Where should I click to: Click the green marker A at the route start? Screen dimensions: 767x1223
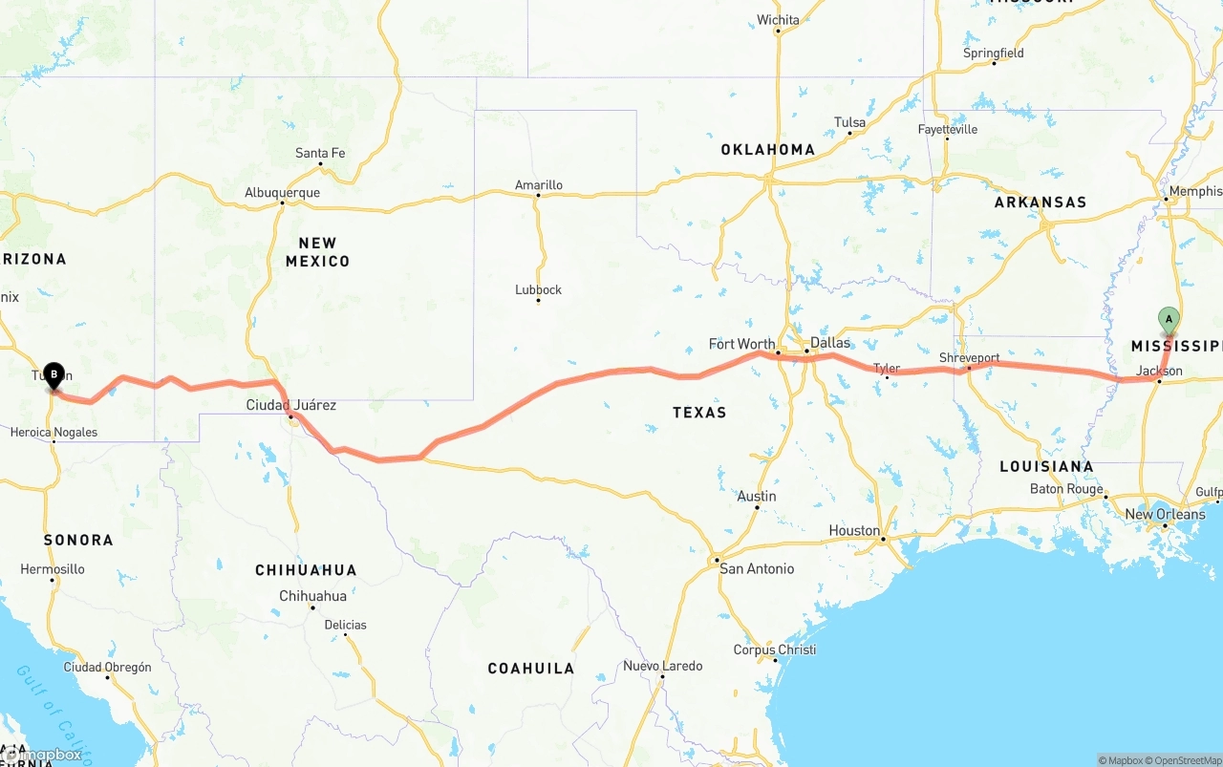[1168, 320]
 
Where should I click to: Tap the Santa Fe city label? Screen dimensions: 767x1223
[320, 153]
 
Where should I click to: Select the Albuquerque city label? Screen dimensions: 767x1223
[282, 192]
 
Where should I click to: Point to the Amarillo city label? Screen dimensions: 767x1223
[539, 184]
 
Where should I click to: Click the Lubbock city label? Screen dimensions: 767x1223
[538, 289]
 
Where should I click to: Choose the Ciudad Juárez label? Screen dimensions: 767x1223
[291, 405]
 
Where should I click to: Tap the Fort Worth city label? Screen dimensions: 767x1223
[742, 344]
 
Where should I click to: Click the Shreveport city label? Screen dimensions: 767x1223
[969, 357]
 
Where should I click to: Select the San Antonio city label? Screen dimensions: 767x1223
[757, 568]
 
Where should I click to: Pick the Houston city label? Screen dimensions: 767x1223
[854, 530]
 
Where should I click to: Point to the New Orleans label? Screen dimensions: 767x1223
[1165, 514]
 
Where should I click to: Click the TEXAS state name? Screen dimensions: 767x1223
[699, 412]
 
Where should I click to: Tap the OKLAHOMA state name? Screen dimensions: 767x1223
[768, 149]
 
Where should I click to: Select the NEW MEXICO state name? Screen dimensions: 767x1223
[317, 252]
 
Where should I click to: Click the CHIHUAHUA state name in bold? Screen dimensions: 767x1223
[306, 570]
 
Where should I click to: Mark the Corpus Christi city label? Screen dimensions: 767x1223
[775, 650]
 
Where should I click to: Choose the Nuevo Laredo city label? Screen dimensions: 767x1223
[663, 666]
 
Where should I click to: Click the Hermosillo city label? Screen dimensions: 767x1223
[53, 569]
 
